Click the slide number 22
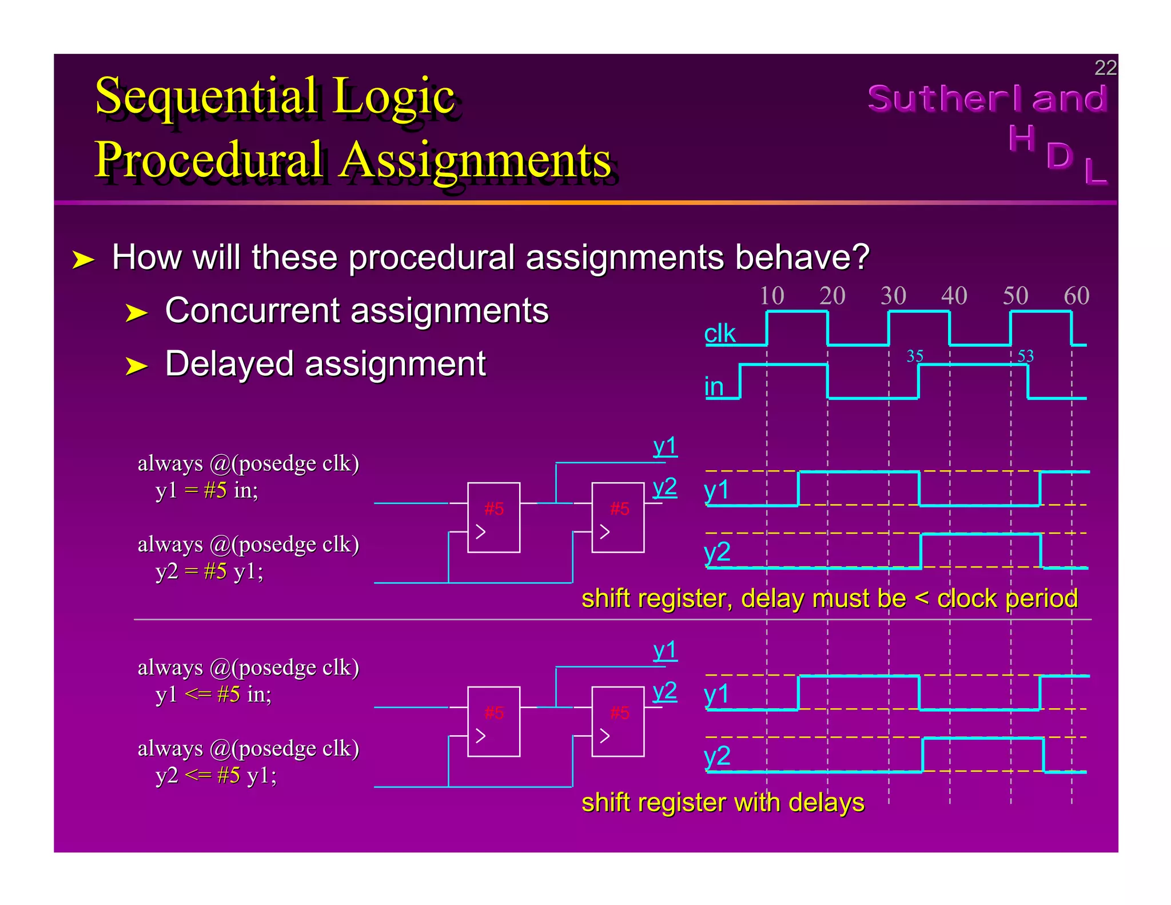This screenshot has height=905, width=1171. [1105, 68]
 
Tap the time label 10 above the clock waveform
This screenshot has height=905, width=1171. [771, 296]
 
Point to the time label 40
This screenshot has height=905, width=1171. [954, 296]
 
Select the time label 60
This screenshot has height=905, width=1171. [1076, 296]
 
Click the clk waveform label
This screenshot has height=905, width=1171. [719, 334]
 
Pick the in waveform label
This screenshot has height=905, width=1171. [714, 387]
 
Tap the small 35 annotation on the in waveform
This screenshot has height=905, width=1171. [915, 356]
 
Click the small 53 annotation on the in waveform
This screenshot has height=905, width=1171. [1026, 356]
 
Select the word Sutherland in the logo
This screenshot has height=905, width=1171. [987, 98]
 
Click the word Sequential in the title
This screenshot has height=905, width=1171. [206, 96]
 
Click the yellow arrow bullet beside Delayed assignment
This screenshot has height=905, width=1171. [136, 366]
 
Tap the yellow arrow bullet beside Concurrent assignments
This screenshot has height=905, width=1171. [136, 313]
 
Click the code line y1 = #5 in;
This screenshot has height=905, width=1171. [206, 490]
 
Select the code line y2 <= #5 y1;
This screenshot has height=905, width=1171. [216, 775]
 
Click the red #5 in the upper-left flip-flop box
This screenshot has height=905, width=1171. [494, 509]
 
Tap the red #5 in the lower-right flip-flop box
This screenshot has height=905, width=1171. [620, 713]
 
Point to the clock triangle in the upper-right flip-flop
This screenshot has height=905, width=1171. [604, 532]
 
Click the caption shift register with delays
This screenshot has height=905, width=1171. [723, 803]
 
